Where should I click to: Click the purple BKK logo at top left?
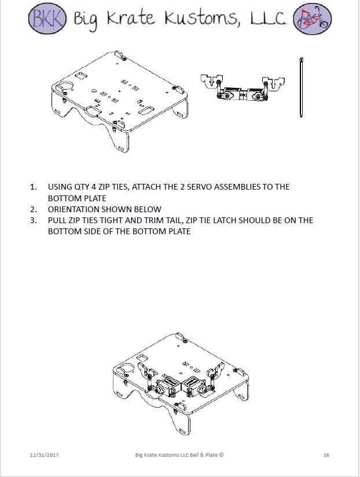point(47,19)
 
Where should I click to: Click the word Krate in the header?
point(123,19)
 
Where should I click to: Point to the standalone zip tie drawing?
point(302,87)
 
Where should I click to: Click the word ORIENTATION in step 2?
point(73,209)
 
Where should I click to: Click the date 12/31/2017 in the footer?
point(44,455)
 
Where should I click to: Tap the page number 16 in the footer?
point(326,455)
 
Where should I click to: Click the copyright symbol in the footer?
point(222,455)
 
